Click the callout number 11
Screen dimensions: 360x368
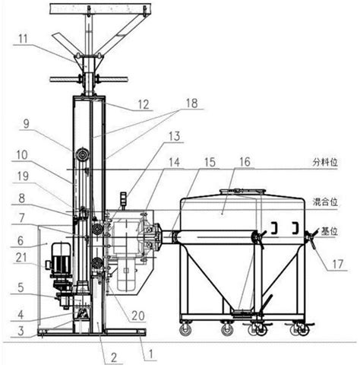(23, 40)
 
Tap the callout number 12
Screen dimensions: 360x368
(144, 105)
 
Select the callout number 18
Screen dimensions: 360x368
(191, 103)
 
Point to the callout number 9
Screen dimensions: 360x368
(26, 124)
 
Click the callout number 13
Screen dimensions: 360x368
(174, 136)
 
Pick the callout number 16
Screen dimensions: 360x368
(245, 162)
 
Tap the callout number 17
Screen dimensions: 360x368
(338, 265)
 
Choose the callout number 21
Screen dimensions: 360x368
(21, 258)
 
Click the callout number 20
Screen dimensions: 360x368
(138, 316)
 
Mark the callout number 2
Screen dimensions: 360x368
(114, 358)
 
